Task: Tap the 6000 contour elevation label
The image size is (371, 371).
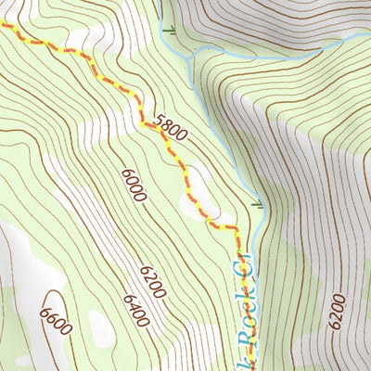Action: pyautogui.click(x=134, y=183)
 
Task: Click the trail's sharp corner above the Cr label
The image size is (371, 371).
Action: pyautogui.click(x=237, y=227)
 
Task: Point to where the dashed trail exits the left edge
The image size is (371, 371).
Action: pyautogui.click(x=2, y=25)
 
